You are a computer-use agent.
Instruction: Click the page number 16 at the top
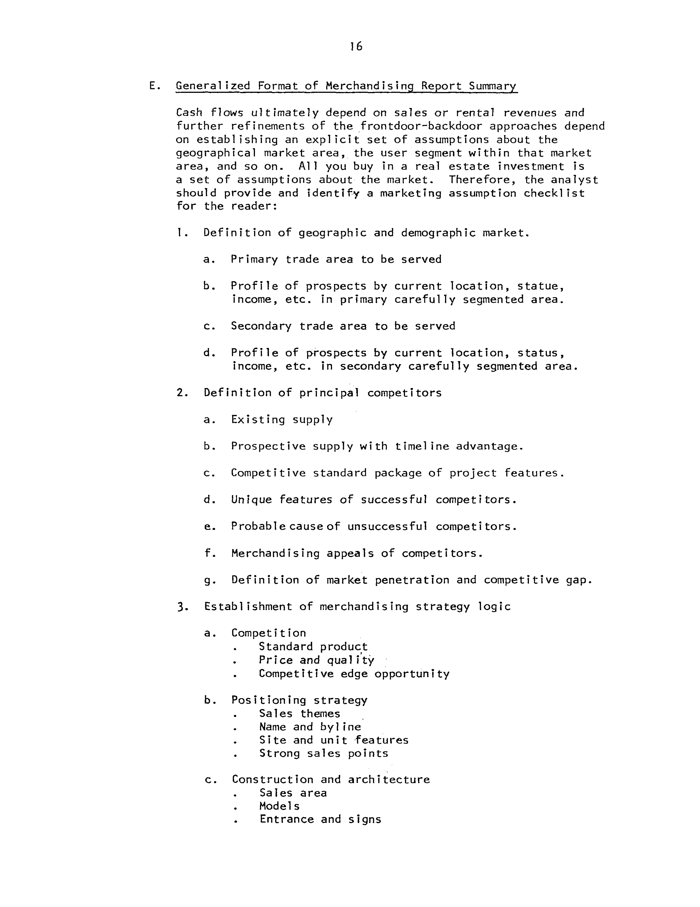click(x=356, y=47)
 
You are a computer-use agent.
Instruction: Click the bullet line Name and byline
click(x=310, y=727)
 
